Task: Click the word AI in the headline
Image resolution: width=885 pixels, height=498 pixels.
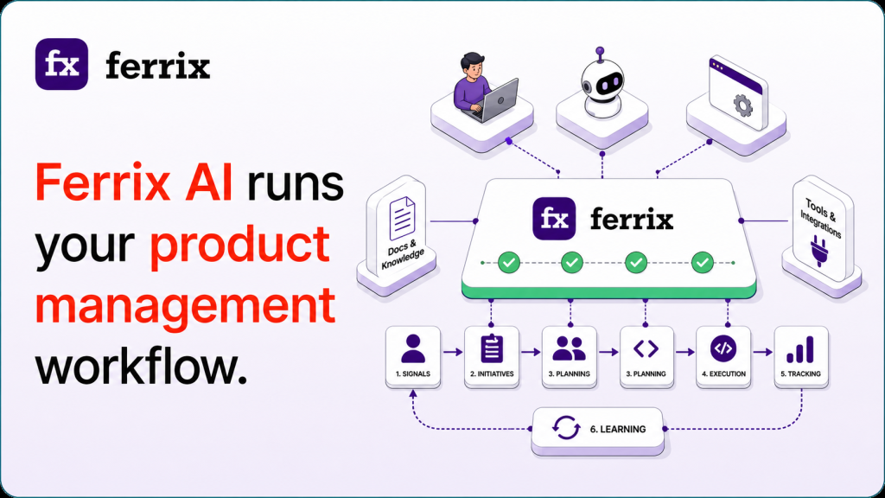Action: (209, 182)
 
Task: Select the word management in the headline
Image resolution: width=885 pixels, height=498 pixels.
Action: (185, 305)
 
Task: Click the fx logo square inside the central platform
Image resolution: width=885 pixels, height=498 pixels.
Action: (554, 219)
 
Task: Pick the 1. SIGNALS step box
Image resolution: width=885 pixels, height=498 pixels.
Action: (413, 357)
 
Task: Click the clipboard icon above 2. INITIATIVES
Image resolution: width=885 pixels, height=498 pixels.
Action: (492, 348)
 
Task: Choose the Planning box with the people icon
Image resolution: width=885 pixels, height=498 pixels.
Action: (569, 357)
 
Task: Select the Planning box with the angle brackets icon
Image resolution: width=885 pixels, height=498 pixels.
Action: (646, 357)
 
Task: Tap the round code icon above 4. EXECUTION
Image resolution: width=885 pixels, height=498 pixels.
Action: (723, 348)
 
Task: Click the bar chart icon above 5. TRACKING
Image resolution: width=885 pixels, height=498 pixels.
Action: (800, 349)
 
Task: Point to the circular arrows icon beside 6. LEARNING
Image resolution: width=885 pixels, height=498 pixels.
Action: (565, 428)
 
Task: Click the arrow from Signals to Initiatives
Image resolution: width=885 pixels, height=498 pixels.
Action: (453, 352)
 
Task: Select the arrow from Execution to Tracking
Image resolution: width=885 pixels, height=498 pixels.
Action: (762, 352)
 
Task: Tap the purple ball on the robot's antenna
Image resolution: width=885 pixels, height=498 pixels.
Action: (600, 51)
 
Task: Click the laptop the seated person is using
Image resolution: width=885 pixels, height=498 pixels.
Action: (498, 100)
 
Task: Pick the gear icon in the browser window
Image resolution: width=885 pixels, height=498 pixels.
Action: (742, 105)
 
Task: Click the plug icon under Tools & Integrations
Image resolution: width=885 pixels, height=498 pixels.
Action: (818, 252)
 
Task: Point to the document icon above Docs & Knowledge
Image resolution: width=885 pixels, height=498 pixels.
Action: (402, 218)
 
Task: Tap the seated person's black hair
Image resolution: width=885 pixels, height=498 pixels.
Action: (472, 60)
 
